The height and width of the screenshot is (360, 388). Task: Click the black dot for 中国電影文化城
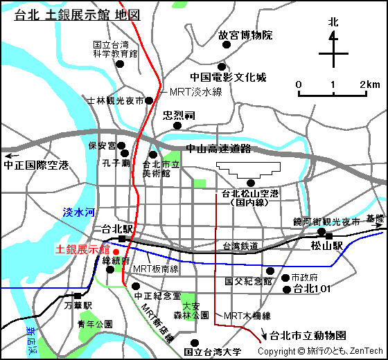[222, 64]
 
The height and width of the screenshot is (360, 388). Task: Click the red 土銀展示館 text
[82, 249]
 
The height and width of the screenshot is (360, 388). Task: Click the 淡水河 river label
[78, 214]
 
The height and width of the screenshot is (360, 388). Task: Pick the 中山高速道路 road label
[218, 149]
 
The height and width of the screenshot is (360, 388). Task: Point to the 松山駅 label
[327, 246]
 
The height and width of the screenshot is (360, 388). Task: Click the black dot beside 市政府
[285, 278]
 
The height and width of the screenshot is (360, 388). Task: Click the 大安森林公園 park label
[191, 310]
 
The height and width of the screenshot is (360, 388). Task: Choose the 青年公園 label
[95, 324]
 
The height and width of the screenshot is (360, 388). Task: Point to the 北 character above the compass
[334, 22]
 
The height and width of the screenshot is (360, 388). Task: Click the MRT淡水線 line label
[196, 92]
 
